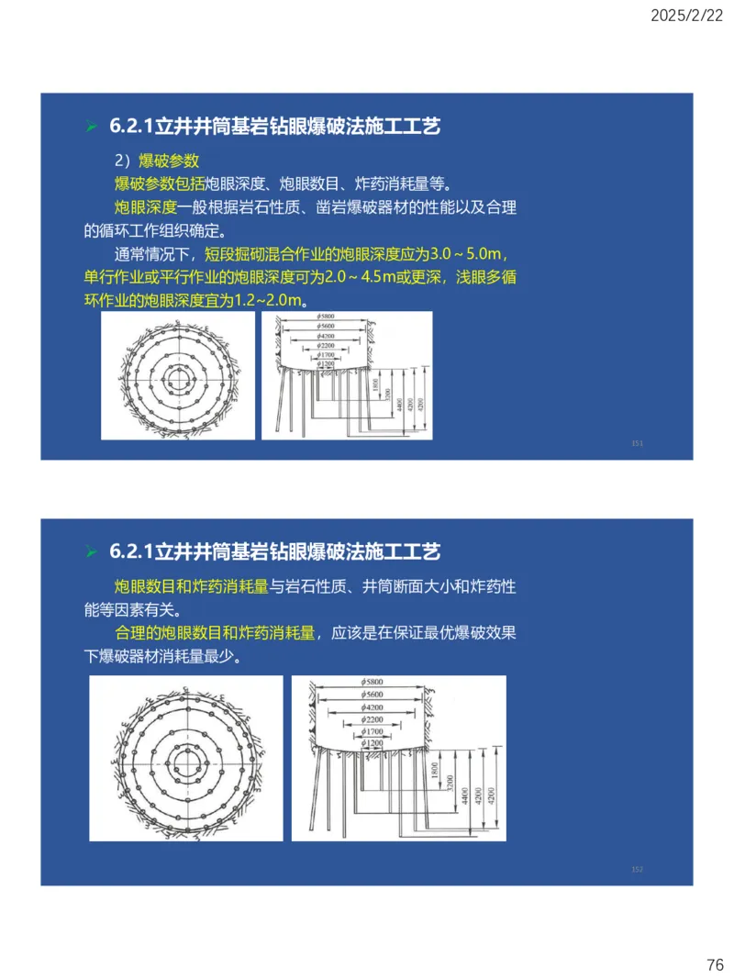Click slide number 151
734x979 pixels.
[638, 443]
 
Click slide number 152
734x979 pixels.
[638, 868]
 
